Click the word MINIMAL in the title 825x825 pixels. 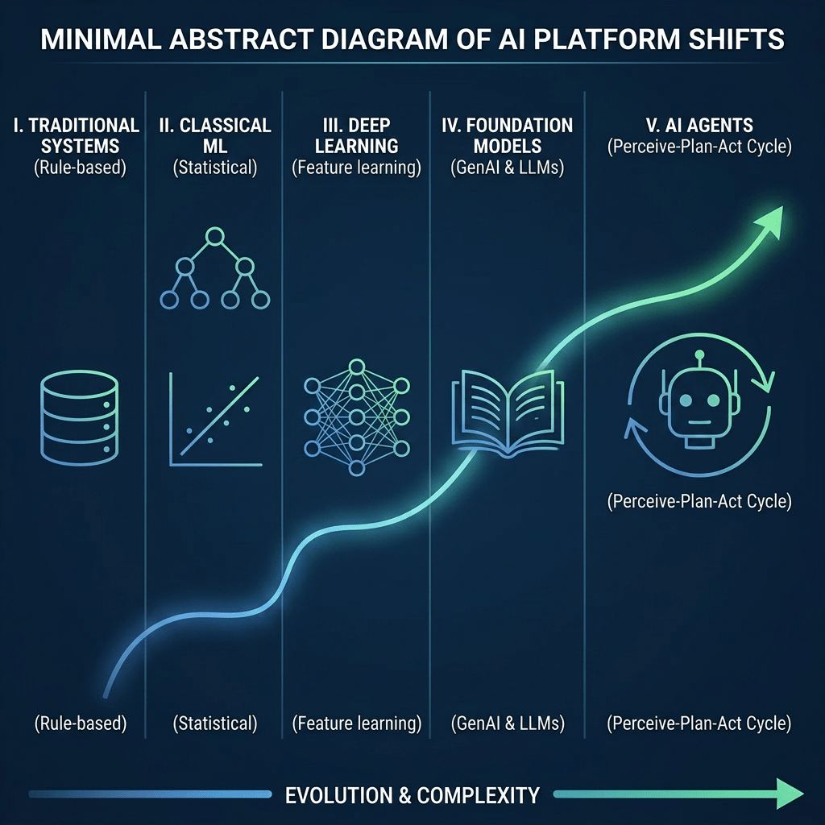tap(101, 39)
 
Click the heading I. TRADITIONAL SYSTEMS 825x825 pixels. tap(77, 135)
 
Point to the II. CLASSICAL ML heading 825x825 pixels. tap(215, 135)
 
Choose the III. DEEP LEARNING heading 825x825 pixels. tap(356, 135)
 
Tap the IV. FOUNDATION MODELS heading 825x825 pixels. tap(508, 135)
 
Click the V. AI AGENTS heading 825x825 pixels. tap(699, 125)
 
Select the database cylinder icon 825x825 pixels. tap(80, 418)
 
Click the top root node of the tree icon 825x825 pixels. tap(214, 236)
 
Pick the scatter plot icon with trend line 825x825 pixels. tap(215, 420)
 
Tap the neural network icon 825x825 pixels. tap(357, 418)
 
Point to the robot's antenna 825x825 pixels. tap(699, 359)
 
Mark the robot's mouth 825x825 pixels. tap(699, 422)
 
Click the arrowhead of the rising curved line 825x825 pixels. tap(770, 221)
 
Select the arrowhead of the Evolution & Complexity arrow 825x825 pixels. tap(790, 794)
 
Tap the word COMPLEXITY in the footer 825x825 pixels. tap(479, 795)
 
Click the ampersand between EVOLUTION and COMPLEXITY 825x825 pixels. tap(404, 795)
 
